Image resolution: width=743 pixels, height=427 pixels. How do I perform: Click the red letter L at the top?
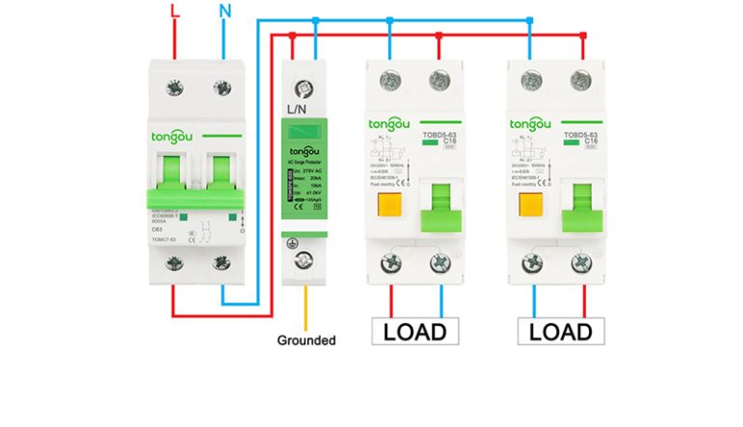click(x=174, y=12)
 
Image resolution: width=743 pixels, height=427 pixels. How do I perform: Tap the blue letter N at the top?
click(x=224, y=12)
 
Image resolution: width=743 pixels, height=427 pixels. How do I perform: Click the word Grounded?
click(x=306, y=340)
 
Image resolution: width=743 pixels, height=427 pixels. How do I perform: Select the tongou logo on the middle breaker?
click(x=391, y=124)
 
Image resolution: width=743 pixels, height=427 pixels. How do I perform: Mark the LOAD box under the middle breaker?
click(x=415, y=332)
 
